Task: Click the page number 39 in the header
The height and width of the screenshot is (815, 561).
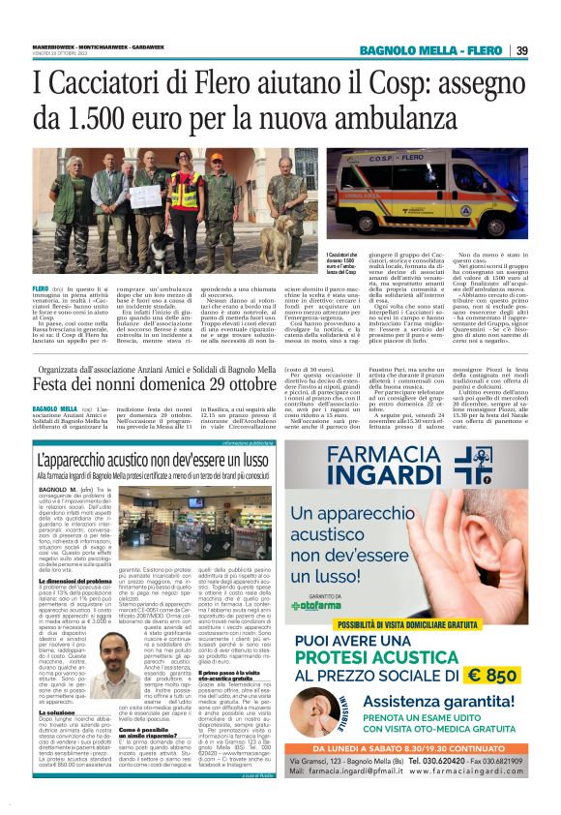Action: pos(522,50)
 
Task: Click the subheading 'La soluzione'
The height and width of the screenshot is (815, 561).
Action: pos(58,712)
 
